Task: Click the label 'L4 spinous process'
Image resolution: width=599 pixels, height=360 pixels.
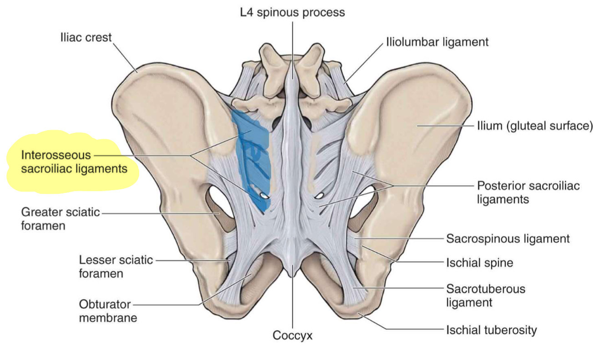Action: (x=292, y=12)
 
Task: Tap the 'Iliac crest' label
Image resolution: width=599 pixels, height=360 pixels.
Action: (x=86, y=37)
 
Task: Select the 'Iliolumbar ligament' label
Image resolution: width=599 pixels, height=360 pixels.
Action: (x=437, y=42)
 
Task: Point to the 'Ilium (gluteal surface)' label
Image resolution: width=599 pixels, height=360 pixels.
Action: (x=534, y=126)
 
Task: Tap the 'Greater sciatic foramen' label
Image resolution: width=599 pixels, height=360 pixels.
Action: (x=60, y=218)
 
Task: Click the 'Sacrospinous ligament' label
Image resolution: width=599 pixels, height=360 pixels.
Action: (x=508, y=238)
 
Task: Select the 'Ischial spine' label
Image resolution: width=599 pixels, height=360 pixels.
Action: (x=479, y=262)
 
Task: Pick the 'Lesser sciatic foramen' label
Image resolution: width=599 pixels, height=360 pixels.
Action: (x=116, y=267)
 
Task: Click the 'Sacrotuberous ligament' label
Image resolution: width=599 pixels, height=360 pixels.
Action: (x=485, y=295)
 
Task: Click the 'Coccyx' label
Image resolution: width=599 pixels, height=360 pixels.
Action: (x=292, y=335)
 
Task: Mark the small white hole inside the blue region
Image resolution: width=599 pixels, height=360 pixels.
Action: (x=263, y=196)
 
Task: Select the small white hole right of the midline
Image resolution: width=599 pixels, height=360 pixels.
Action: (x=320, y=196)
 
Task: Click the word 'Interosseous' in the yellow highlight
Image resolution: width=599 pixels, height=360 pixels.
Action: (x=56, y=155)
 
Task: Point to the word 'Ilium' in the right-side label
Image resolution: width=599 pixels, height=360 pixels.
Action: (x=489, y=126)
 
